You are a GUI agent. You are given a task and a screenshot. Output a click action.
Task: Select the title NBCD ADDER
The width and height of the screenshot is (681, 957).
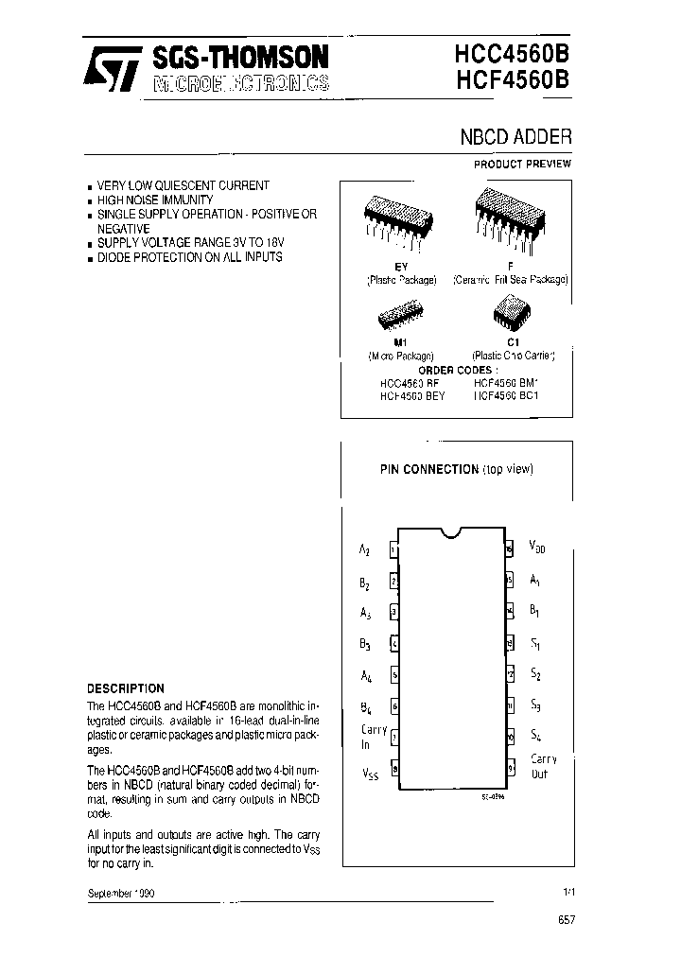515,136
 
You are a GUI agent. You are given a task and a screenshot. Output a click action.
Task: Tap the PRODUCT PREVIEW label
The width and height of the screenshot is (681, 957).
522,164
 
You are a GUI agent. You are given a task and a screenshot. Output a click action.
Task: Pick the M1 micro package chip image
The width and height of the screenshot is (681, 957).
399,312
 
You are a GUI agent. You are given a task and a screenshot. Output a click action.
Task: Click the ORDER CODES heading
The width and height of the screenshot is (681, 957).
456,370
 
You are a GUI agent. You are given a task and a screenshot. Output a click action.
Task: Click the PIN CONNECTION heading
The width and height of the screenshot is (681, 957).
429,469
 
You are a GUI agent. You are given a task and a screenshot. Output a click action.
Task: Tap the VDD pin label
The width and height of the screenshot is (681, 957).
537,547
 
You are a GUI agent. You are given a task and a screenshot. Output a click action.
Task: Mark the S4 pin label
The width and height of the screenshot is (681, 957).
535,735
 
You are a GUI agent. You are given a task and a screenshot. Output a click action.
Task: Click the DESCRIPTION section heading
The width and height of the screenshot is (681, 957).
126,688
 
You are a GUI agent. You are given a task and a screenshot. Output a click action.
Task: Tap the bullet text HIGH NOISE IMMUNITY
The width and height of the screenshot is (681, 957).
155,200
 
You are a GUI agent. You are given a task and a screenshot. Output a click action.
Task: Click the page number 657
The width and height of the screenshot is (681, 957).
566,919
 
